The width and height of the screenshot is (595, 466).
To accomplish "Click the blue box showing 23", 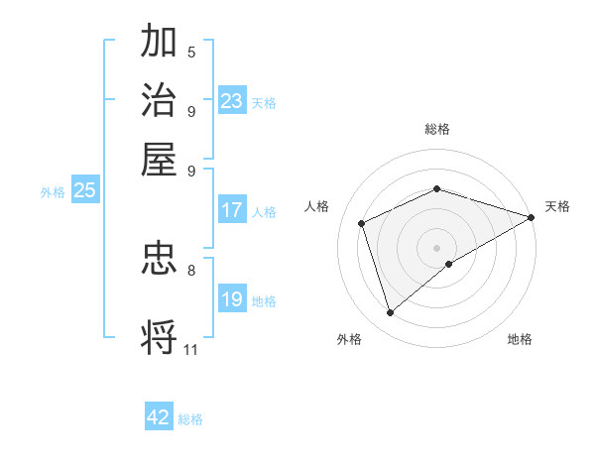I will [232, 101].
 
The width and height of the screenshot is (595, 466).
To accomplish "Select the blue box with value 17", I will [232, 210].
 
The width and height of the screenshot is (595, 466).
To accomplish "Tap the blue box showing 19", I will [232, 299].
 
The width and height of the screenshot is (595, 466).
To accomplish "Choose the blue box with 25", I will [84, 191].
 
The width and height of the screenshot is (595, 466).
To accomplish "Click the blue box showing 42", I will [159, 417].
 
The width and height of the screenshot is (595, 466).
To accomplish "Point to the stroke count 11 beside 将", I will [191, 349].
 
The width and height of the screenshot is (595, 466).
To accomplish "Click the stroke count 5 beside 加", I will [191, 53].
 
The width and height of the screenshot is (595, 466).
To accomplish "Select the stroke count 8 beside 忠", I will [191, 269].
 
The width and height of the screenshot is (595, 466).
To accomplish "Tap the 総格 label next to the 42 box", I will [190, 419].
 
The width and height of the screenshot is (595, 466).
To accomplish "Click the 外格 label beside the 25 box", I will [53, 193].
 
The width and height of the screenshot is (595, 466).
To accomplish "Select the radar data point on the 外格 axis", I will [390, 313].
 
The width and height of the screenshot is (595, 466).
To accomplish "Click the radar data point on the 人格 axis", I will [362, 223].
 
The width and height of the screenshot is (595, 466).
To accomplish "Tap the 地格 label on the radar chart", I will [520, 340].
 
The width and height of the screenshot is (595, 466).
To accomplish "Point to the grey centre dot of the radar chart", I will [437, 247].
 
